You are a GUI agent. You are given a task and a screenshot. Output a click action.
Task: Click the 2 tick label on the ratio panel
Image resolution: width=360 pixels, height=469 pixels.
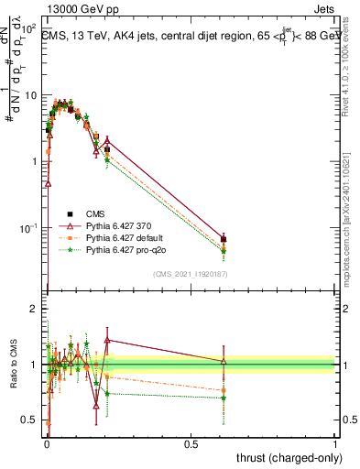coord(33,310)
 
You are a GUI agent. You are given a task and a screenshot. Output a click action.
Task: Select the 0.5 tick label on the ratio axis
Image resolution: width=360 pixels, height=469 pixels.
coord(29,420)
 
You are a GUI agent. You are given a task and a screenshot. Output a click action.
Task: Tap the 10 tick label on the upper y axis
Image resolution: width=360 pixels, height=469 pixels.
coord(29,95)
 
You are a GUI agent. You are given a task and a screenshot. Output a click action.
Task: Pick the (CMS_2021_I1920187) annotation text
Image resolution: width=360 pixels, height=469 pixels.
coord(190,274)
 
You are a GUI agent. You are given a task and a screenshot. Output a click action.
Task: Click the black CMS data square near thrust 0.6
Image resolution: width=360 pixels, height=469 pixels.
coord(224,240)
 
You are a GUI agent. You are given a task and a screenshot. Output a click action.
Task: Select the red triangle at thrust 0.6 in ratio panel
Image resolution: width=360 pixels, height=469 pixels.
coord(224,362)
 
